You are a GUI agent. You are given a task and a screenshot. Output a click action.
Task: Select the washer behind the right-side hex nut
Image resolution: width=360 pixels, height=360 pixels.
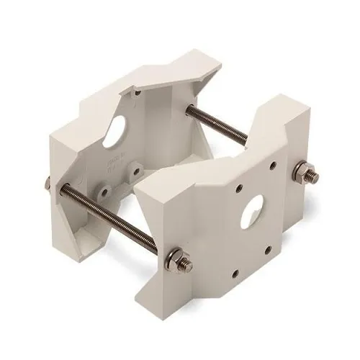click(297, 173)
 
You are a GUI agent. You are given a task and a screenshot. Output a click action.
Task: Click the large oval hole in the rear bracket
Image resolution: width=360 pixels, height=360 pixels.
click(113, 135)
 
